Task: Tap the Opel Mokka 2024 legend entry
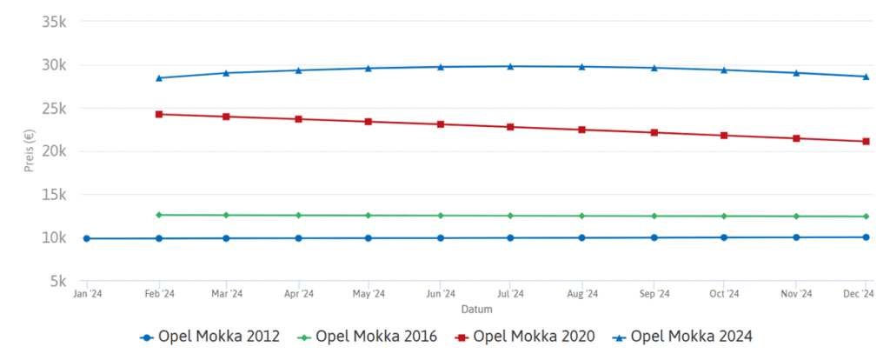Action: click(690, 337)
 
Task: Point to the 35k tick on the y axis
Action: click(54, 22)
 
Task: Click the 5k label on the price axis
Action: click(58, 281)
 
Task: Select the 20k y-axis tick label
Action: click(54, 151)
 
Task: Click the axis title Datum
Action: click(476, 310)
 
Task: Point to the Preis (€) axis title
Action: click(29, 151)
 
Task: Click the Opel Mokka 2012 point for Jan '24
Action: click(86, 238)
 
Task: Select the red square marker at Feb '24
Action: click(158, 114)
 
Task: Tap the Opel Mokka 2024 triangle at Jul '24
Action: click(511, 66)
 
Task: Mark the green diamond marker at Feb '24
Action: click(158, 215)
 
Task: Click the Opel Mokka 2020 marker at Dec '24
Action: click(866, 141)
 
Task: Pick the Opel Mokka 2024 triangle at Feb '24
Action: click(158, 77)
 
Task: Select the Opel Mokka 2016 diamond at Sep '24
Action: click(654, 216)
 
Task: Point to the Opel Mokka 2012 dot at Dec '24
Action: click(866, 237)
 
